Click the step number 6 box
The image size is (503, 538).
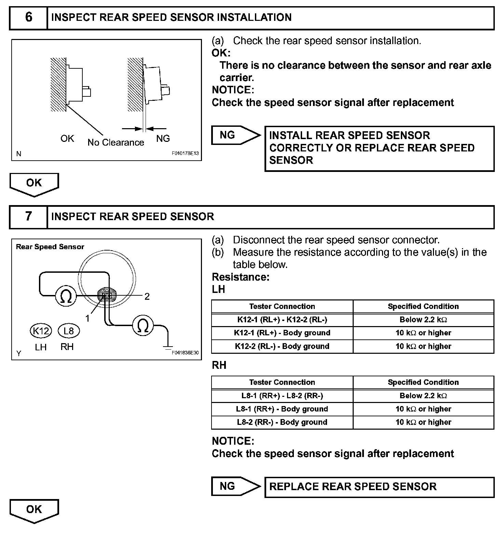click(28, 17)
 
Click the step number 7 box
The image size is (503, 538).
click(28, 216)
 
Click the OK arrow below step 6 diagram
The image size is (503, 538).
click(34, 184)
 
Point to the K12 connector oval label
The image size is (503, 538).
click(41, 331)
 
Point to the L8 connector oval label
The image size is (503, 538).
click(69, 331)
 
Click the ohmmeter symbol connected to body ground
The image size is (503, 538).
click(143, 325)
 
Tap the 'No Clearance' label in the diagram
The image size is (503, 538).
click(116, 143)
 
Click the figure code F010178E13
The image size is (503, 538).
click(185, 154)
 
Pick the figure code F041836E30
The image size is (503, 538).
click(185, 353)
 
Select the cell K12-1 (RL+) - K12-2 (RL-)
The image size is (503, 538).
click(282, 320)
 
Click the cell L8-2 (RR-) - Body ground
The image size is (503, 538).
click(282, 422)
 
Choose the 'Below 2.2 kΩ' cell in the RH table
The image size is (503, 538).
click(423, 395)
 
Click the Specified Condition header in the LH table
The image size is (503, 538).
click(423, 306)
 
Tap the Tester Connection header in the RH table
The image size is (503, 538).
click(282, 382)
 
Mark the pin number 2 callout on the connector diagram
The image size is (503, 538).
click(147, 296)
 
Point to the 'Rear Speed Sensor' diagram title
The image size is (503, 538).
click(50, 247)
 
